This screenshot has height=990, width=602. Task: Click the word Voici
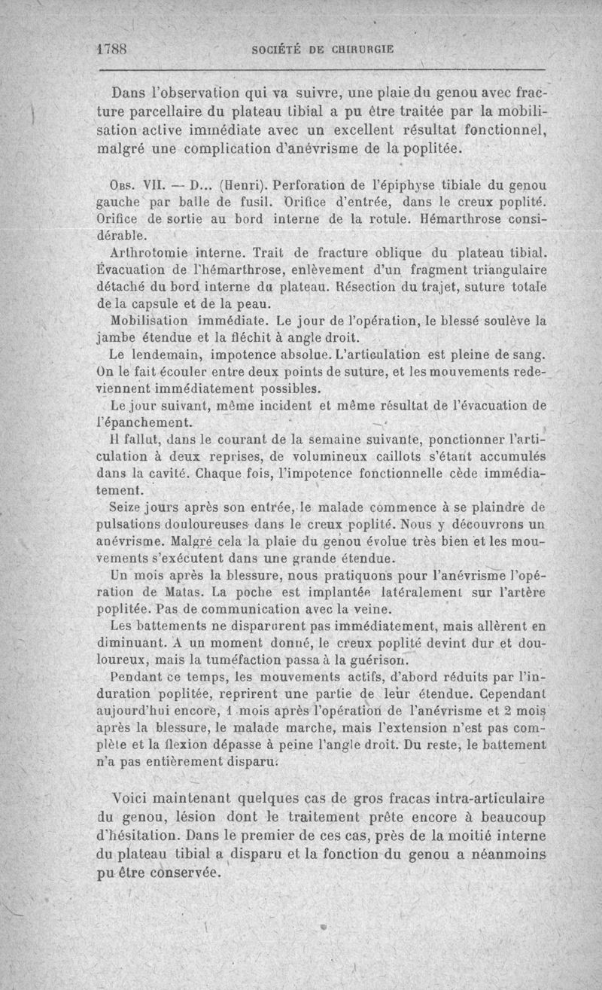tap(135, 797)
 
